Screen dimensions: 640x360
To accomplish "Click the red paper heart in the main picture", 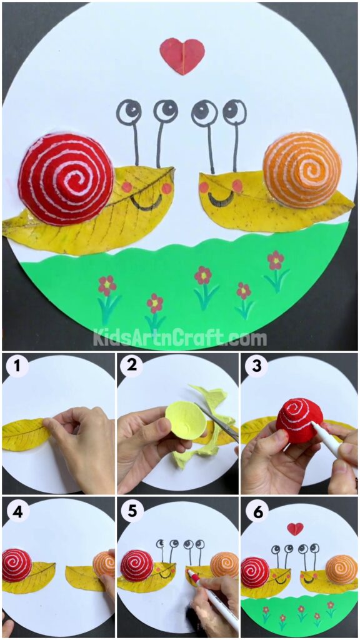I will tap(182, 56).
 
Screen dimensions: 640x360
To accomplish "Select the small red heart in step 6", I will tap(296, 529).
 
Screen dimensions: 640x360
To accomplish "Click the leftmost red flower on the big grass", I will tap(107, 285).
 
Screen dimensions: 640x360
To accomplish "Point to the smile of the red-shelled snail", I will tap(146, 204).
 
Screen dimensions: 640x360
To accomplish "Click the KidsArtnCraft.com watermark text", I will tap(180, 339).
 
